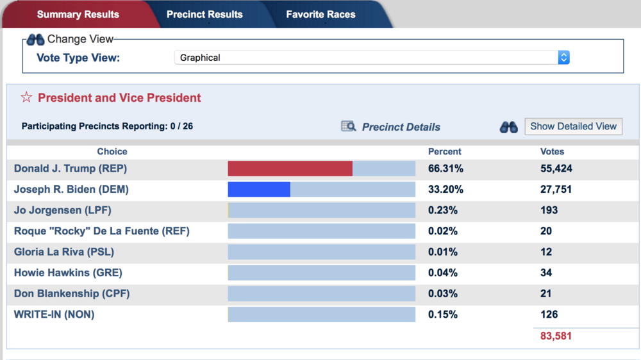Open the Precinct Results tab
tap(204, 14)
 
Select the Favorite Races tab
tap(320, 14)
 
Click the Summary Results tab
tap(78, 14)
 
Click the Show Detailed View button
tap(573, 126)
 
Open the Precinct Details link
tap(401, 127)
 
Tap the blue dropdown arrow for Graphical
tap(563, 58)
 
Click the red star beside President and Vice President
tap(26, 97)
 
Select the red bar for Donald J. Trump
tap(290, 168)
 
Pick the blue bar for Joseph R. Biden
tap(259, 190)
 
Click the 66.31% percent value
tap(445, 168)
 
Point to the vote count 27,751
tap(556, 190)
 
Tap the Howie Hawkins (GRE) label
tap(67, 273)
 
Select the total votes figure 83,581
tap(556, 336)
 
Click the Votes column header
tap(553, 152)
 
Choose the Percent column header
tap(445, 152)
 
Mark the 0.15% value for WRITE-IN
tap(443, 315)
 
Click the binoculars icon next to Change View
tap(35, 40)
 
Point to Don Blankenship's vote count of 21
tap(546, 293)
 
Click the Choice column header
tap(112, 152)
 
